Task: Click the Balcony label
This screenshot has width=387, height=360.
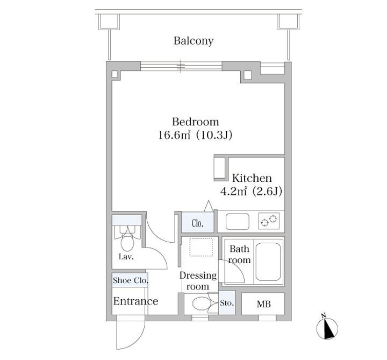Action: [193, 41]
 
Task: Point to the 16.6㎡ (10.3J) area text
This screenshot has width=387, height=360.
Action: [195, 135]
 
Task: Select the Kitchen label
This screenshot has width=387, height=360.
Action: [252, 178]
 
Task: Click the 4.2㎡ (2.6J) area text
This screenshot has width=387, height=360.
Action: [252, 191]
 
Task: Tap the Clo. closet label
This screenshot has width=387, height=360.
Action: [197, 223]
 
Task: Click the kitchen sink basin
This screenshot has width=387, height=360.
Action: [237, 221]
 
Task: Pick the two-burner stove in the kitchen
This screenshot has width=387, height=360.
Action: [270, 221]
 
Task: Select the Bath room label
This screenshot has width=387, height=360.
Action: [240, 255]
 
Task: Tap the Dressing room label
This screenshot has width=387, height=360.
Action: [198, 281]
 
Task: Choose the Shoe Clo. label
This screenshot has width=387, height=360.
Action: [130, 280]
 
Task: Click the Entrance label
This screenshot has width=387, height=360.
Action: [135, 301]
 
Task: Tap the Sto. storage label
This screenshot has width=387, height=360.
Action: [227, 303]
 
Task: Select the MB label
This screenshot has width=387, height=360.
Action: [263, 305]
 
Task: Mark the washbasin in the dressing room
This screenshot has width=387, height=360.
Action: [201, 303]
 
